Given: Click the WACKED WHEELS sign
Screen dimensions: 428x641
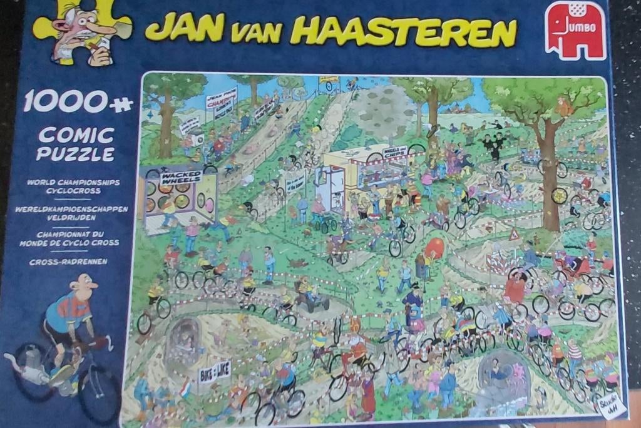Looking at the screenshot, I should tap(180, 176).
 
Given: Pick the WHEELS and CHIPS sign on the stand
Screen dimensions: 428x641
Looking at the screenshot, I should tap(394, 152).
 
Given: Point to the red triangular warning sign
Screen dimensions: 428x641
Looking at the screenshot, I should tap(513, 235).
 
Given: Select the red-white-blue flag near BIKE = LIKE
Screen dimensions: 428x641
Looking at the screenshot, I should tap(186, 391).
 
